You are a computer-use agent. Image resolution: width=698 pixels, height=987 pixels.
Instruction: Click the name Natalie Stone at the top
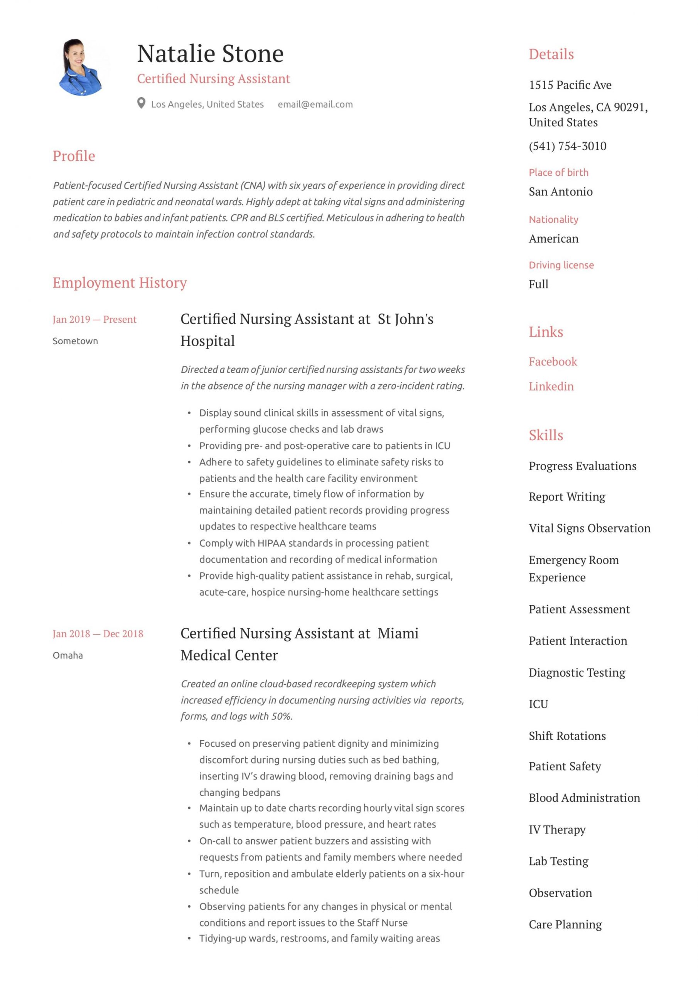pos(210,54)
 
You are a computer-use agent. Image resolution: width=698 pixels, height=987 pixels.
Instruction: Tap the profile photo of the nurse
pos(81,67)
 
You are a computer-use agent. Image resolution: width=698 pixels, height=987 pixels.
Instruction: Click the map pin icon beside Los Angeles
pos(141,103)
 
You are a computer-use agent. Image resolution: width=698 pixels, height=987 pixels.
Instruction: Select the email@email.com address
pos(315,104)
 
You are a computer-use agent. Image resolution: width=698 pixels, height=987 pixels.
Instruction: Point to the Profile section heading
pos(74,156)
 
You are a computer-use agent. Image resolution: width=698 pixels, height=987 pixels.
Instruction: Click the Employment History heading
pos(120,283)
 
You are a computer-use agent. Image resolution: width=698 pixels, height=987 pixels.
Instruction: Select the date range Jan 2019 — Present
pos(94,319)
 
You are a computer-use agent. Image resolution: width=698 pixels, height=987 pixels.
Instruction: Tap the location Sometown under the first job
pos(75,341)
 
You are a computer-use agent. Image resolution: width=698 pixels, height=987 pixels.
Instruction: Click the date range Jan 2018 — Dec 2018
pos(98,633)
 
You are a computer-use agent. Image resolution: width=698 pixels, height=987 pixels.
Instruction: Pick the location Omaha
pos(67,655)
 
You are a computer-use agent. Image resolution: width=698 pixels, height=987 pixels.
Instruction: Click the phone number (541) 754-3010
pos(567,146)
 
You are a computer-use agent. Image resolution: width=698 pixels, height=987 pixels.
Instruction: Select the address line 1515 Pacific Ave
pos(570,85)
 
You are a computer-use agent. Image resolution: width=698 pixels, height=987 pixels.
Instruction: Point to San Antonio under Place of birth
pos(560,192)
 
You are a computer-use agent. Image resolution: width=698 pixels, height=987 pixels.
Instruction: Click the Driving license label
pos(561,265)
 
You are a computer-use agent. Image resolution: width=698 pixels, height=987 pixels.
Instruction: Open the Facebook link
pos(553,362)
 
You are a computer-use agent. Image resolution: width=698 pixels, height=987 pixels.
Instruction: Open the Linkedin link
pos(551,386)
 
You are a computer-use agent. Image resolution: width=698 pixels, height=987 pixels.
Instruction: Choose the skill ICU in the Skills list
pos(538,704)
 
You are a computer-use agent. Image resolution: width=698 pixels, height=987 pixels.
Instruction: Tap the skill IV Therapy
pos(557,830)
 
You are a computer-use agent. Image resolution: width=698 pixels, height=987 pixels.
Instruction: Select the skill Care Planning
pos(565,924)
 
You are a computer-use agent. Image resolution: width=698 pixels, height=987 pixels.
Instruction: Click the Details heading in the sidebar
pos(551,54)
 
